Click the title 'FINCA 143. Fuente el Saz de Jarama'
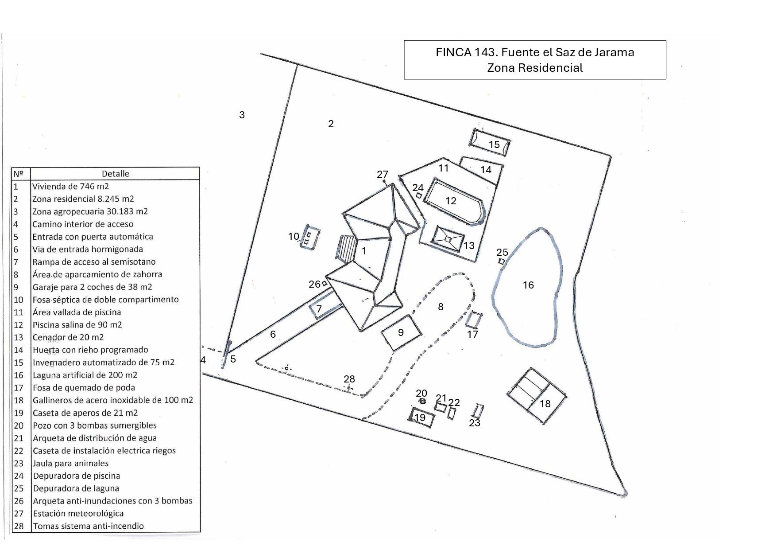[534, 52]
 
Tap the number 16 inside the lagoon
[528, 285]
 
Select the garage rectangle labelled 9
[401, 333]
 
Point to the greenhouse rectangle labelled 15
[490, 143]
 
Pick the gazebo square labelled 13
[448, 239]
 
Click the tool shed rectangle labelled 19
[421, 417]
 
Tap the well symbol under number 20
[422, 401]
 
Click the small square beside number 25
[502, 261]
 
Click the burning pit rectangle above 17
[474, 319]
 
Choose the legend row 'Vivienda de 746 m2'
[70, 186]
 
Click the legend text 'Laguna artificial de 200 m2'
[85, 375]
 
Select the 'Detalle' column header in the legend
[115, 174]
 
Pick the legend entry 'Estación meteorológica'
[78, 513]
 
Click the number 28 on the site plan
[349, 379]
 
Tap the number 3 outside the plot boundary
[242, 115]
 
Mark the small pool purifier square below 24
[419, 195]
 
